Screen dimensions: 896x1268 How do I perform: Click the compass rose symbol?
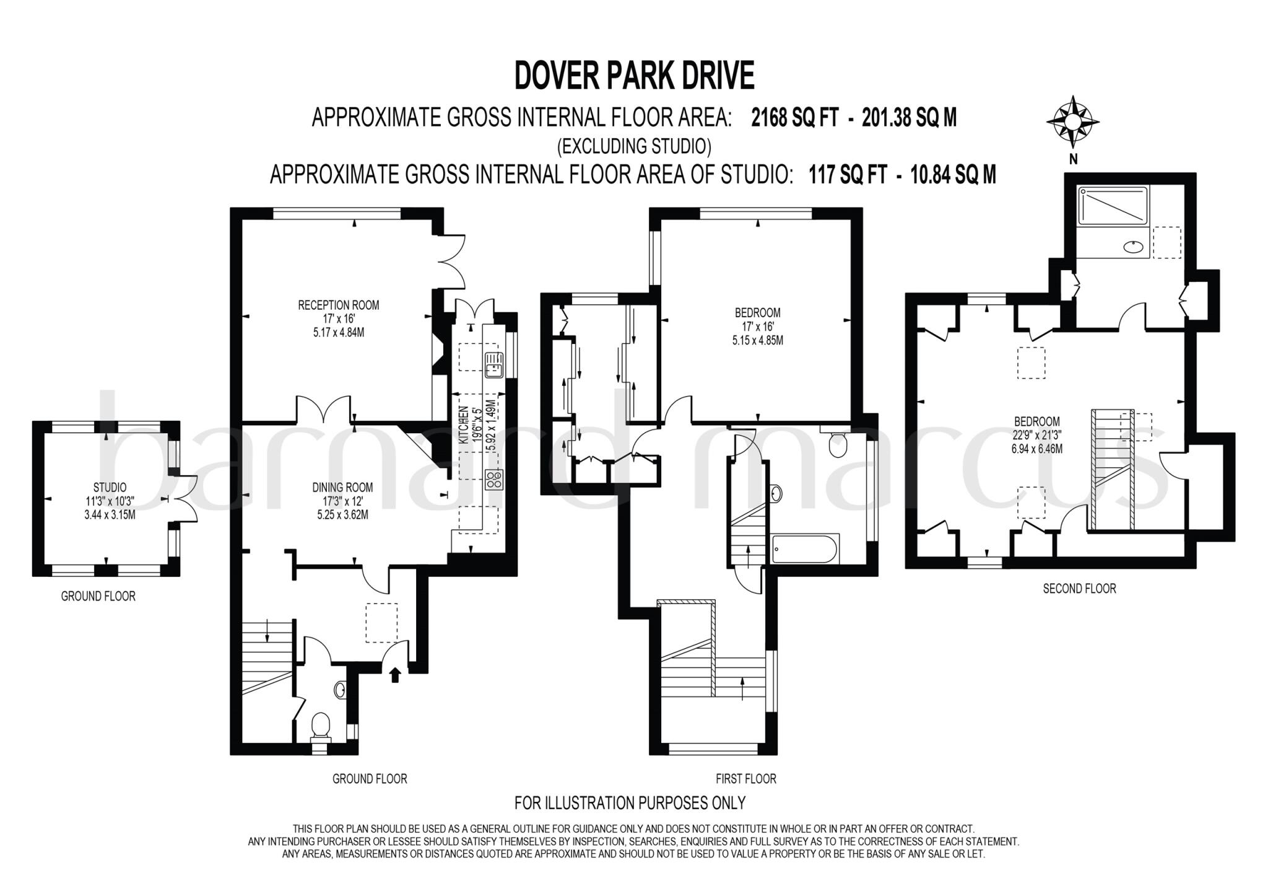click(x=1073, y=123)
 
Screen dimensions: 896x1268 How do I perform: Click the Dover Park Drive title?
click(x=634, y=76)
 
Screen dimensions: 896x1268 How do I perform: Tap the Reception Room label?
click(x=338, y=305)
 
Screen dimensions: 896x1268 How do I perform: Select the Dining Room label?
click(x=342, y=488)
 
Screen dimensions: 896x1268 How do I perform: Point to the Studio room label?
click(x=110, y=488)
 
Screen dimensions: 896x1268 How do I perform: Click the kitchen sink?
click(x=494, y=365)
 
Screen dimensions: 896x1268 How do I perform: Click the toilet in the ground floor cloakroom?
click(x=321, y=726)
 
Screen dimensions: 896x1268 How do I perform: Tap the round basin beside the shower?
click(x=1134, y=247)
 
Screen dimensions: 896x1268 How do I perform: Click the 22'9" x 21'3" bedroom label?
click(x=1036, y=435)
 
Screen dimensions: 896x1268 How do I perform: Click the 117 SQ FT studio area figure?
click(x=847, y=175)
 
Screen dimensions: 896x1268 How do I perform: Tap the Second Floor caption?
click(x=1079, y=589)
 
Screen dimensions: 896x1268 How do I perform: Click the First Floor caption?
click(x=745, y=778)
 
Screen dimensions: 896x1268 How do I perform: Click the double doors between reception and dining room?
click(x=325, y=409)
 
